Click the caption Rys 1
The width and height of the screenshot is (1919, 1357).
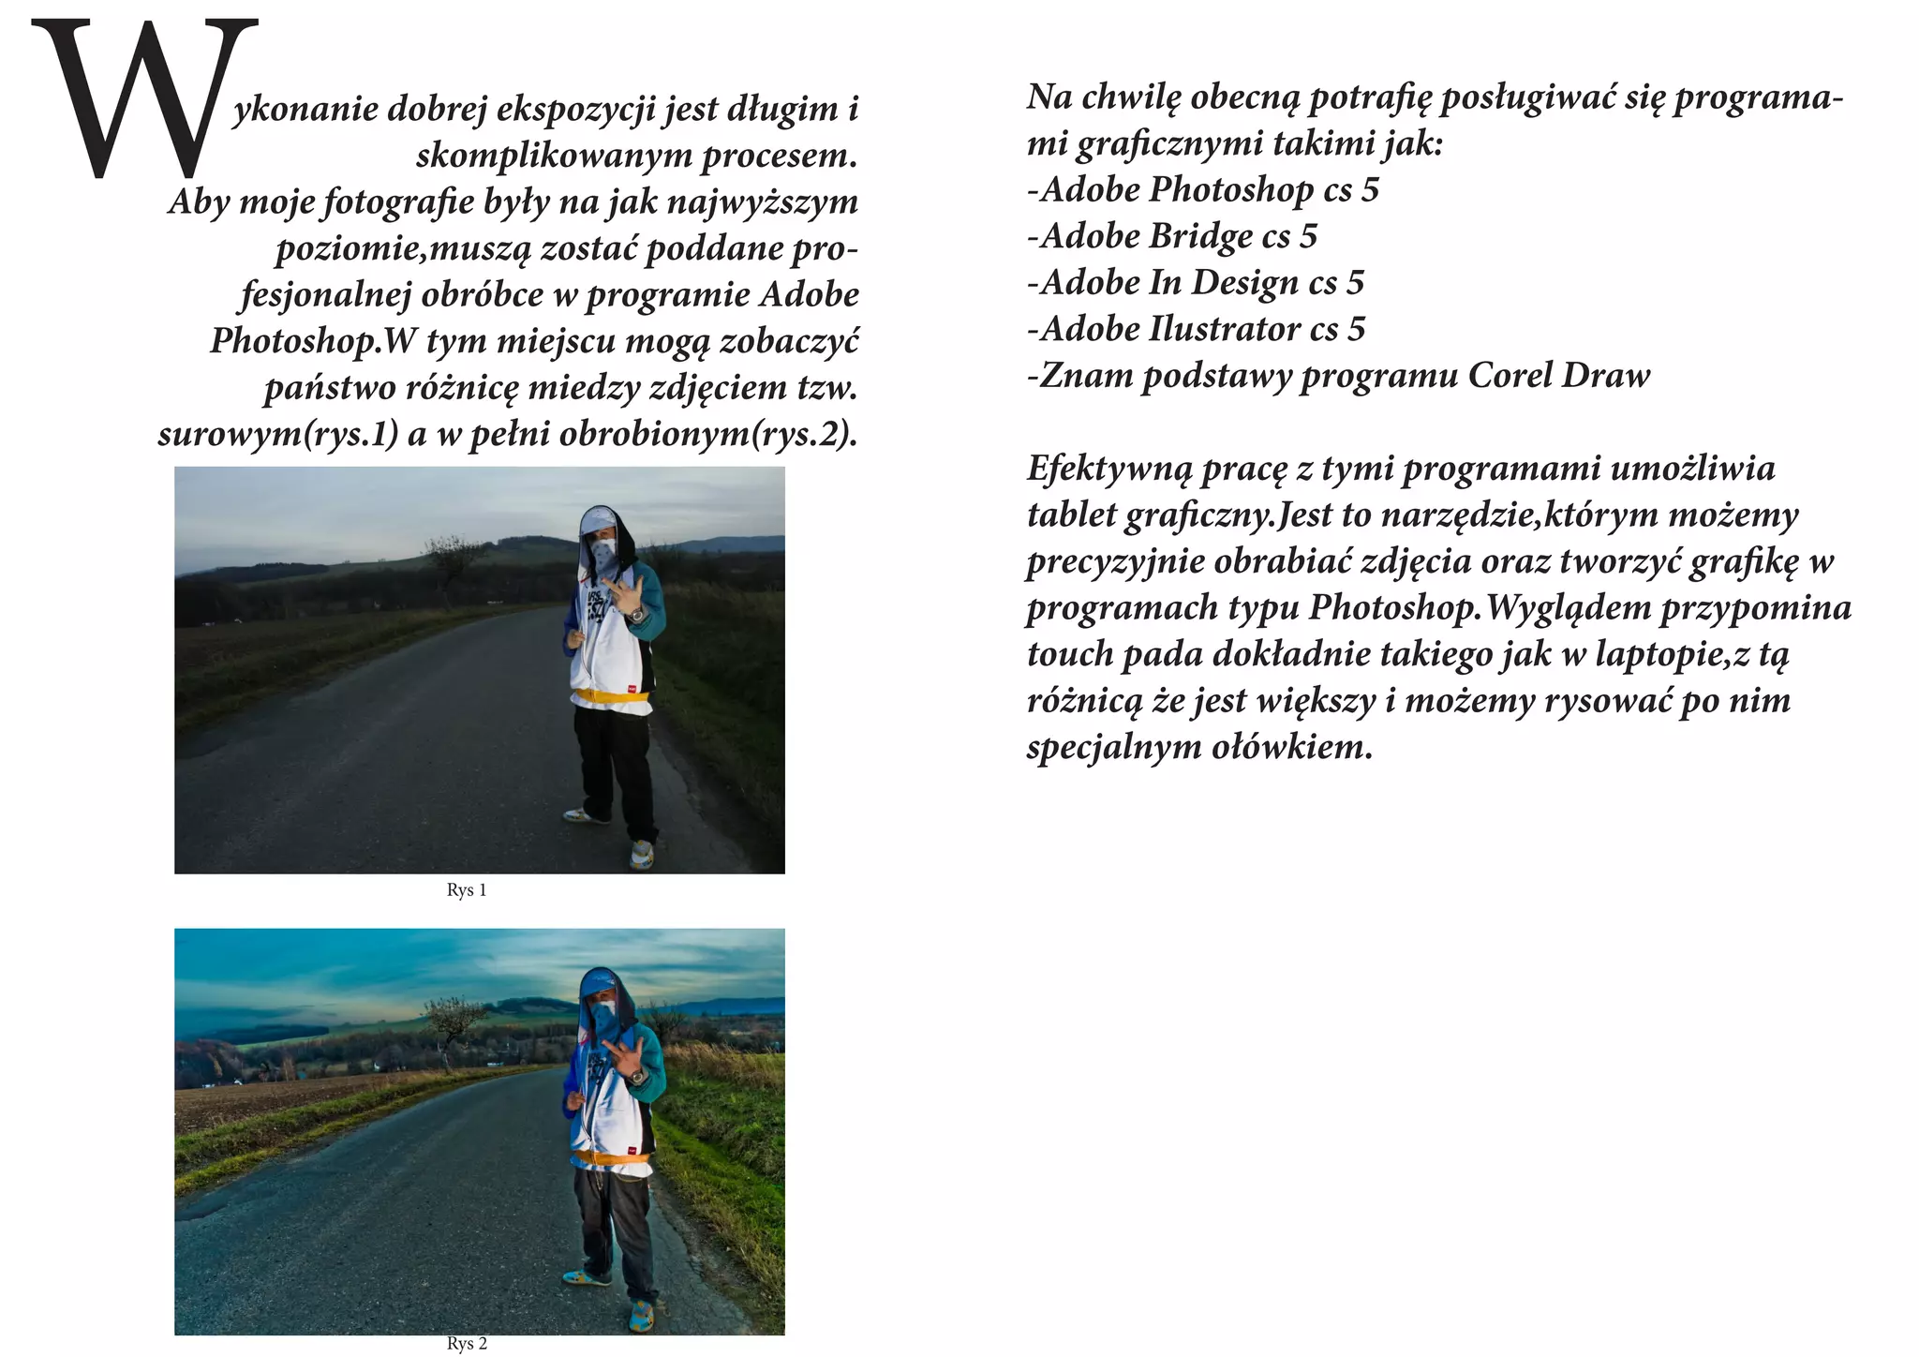click(467, 890)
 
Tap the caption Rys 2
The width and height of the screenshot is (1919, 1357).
click(467, 1344)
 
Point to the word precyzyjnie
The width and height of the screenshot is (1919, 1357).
click(1115, 562)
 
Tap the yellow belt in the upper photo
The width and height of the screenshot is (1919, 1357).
click(612, 695)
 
